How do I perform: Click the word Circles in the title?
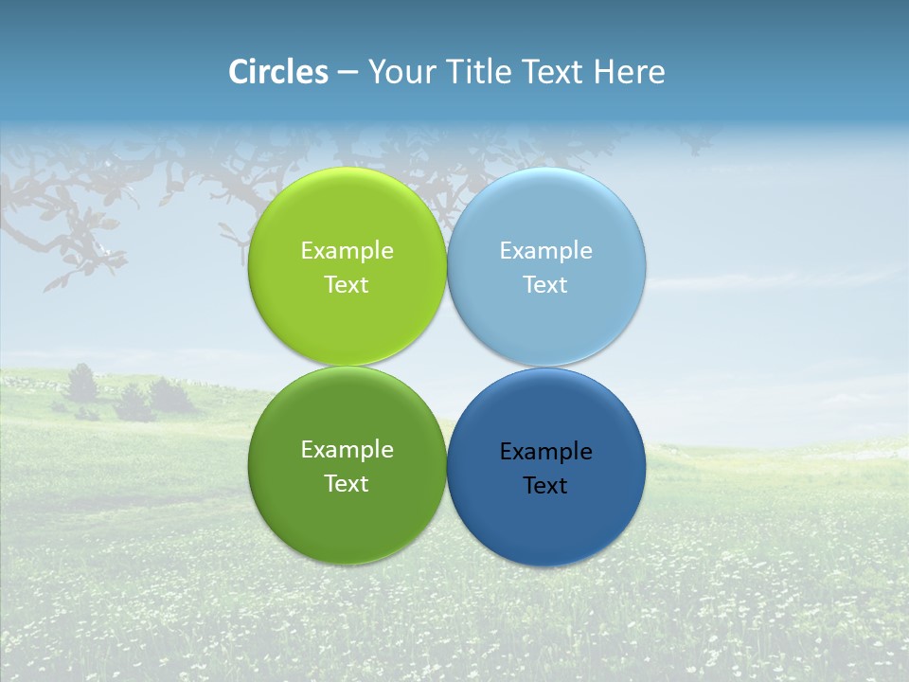tap(277, 72)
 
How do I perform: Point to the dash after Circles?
tap(348, 73)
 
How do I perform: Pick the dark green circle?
tap(347, 511)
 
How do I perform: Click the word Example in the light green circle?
tap(347, 251)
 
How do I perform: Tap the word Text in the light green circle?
tap(347, 285)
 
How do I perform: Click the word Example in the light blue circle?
tap(545, 251)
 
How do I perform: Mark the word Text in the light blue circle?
tap(545, 285)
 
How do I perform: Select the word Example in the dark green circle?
tap(347, 450)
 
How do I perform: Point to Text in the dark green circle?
tap(347, 484)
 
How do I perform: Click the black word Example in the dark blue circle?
tap(545, 452)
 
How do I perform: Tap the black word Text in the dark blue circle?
tap(545, 486)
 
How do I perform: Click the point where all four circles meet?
tap(447, 367)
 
